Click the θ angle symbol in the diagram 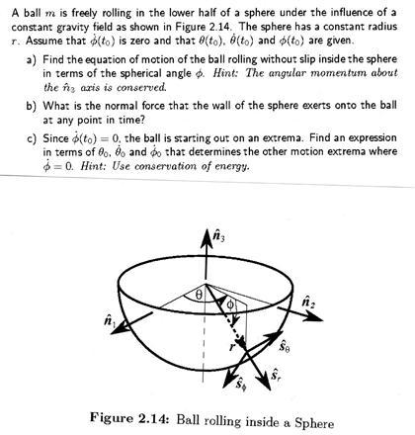(x=197, y=294)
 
